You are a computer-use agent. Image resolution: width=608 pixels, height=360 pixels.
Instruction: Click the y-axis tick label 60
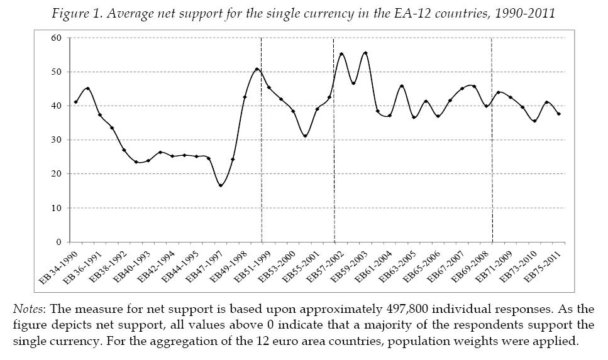tap(57, 38)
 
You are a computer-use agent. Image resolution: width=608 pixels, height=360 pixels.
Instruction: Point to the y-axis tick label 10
tap(57, 208)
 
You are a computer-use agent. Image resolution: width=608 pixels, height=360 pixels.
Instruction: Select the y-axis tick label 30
tap(57, 140)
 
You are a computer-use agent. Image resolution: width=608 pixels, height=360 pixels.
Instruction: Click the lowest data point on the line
tap(221, 185)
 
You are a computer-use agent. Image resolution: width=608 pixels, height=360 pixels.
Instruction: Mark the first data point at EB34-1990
tap(76, 102)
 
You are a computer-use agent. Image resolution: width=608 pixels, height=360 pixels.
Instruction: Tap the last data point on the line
tap(559, 114)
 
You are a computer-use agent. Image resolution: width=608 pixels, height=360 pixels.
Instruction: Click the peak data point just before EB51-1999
tap(257, 69)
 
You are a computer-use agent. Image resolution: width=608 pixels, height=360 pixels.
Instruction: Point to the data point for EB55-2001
tap(317, 109)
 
